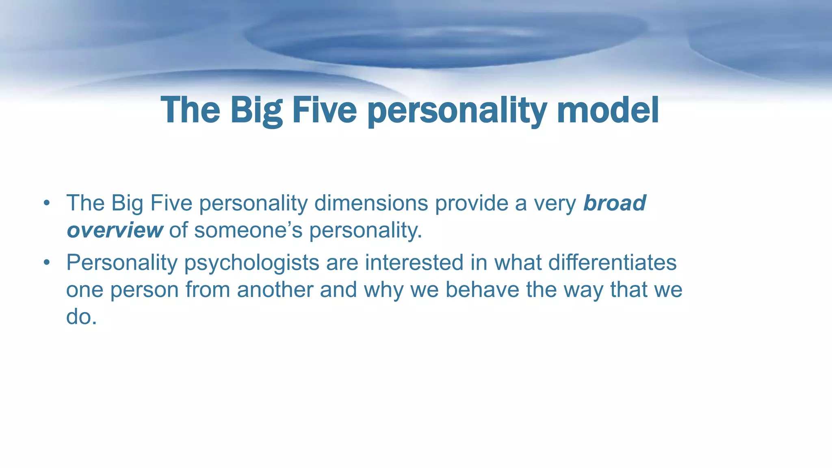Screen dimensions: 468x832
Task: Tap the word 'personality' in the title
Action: [x=456, y=111]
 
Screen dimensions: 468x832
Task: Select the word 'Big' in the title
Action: [x=256, y=110]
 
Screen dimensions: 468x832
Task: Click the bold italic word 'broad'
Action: [x=614, y=203]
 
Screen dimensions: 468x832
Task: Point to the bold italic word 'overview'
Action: [x=115, y=230]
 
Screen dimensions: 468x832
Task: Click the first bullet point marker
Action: [x=47, y=203]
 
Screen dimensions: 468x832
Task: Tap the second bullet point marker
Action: [x=47, y=262]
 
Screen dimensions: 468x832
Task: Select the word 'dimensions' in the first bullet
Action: [x=371, y=203]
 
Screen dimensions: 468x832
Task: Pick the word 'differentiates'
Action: [x=612, y=262]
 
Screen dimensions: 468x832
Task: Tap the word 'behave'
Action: [x=482, y=290]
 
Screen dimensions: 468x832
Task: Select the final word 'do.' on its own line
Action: [x=81, y=317]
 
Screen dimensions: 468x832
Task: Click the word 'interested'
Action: [x=414, y=262]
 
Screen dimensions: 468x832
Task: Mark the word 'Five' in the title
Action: [x=324, y=110]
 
